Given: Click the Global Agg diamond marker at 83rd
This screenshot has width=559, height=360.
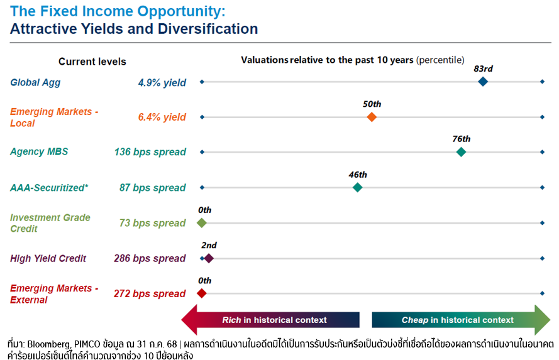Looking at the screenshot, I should pyautogui.click(x=483, y=82).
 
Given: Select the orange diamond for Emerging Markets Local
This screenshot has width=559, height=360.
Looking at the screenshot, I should pyautogui.click(x=372, y=117).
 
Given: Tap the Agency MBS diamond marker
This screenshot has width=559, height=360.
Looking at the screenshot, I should pyautogui.click(x=461, y=152).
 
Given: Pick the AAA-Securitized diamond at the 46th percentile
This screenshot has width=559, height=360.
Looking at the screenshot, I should pyautogui.click(x=357, y=187).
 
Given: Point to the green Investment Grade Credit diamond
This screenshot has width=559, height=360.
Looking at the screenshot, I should pyautogui.click(x=202, y=223).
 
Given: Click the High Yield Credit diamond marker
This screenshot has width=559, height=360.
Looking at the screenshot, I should pyautogui.click(x=209, y=258).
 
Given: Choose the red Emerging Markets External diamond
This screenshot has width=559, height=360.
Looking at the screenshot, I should pyautogui.click(x=202, y=293).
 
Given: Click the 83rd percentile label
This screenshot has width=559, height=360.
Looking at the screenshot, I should pyautogui.click(x=483, y=68).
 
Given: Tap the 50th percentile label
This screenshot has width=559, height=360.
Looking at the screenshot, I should pyautogui.click(x=372, y=104).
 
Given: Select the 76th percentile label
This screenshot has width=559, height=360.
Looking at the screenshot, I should pyautogui.click(x=461, y=139).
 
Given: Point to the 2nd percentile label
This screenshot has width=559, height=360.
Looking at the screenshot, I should pyautogui.click(x=209, y=245).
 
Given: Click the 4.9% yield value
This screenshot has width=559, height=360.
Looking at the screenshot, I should pyautogui.click(x=162, y=82).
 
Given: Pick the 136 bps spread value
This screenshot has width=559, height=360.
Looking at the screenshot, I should pyautogui.click(x=150, y=152).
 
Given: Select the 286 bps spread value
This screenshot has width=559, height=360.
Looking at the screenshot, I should pyautogui.click(x=150, y=258).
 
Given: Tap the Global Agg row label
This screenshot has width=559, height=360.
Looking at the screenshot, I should pyautogui.click(x=35, y=82).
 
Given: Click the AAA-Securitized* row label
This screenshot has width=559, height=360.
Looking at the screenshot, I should pyautogui.click(x=49, y=187).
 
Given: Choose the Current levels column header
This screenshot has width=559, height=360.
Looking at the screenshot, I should pyautogui.click(x=92, y=62).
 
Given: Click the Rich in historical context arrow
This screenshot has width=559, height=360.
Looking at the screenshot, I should pyautogui.click(x=270, y=320).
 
